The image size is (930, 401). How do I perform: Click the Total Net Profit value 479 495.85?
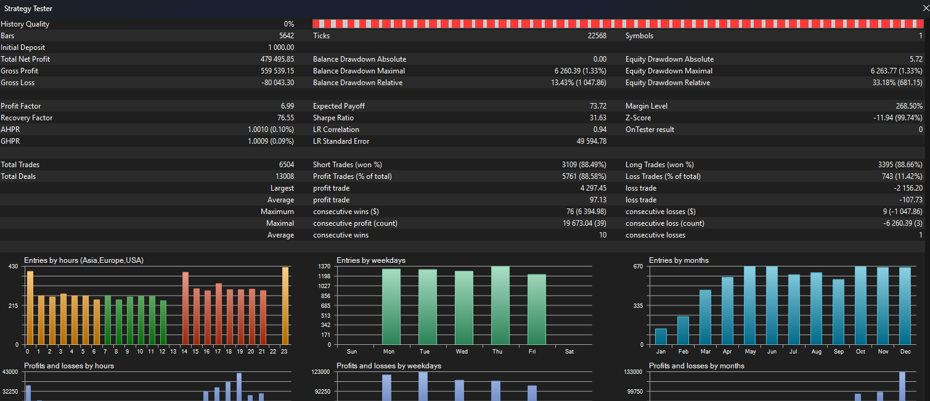click(277, 59)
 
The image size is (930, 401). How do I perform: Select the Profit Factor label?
click(18, 106)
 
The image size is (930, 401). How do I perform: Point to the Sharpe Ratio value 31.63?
click(597, 118)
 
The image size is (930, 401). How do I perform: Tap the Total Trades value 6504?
click(286, 165)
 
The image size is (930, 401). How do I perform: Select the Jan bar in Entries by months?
click(661, 336)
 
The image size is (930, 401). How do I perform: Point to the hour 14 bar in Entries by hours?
click(186, 308)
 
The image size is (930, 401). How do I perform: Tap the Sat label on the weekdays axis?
click(569, 352)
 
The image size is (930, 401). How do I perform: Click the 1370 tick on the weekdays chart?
click(324, 266)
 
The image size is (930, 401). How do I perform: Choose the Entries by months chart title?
click(679, 260)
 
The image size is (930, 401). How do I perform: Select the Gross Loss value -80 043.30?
click(277, 83)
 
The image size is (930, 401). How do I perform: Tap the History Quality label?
click(25, 24)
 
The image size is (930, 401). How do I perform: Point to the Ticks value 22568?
click(597, 36)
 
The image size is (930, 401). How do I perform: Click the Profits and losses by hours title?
click(69, 366)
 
